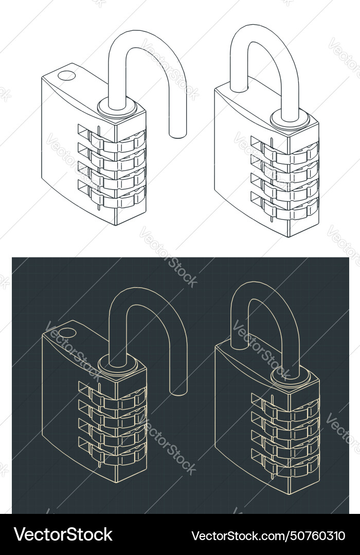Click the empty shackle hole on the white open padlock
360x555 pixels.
click(66, 76)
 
